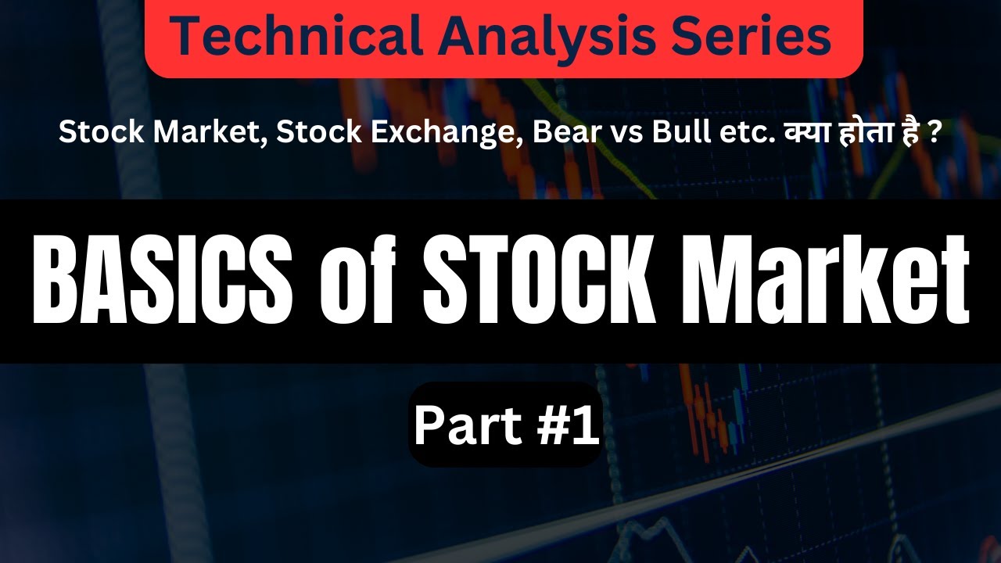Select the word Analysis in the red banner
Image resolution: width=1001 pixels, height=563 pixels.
click(520, 38)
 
